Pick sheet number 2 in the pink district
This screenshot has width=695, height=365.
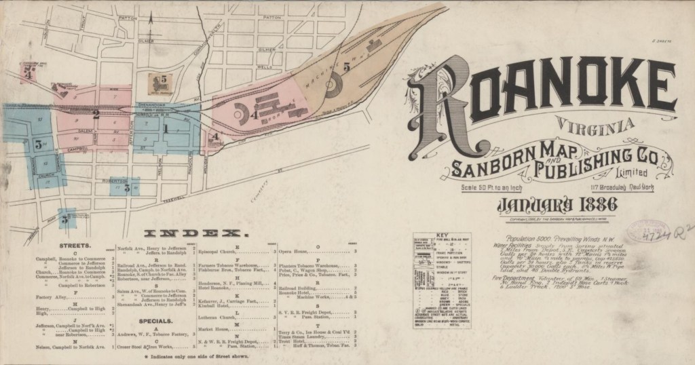[96, 113]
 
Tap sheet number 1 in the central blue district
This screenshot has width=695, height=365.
[164, 128]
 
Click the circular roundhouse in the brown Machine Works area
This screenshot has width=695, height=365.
[333, 83]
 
